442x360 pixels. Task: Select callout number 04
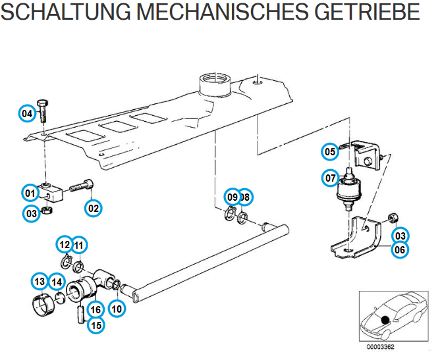coord(27,114)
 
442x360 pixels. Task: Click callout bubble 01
coord(30,193)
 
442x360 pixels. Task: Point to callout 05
coord(330,152)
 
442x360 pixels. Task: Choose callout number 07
coord(330,177)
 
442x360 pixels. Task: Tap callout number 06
coord(400,249)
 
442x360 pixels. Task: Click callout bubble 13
coord(40,282)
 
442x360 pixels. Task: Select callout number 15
coord(97,324)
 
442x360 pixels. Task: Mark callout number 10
coord(117,308)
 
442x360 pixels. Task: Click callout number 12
coord(64,245)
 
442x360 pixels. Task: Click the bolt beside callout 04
coord(43,114)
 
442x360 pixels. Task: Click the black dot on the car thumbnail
coord(383,321)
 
